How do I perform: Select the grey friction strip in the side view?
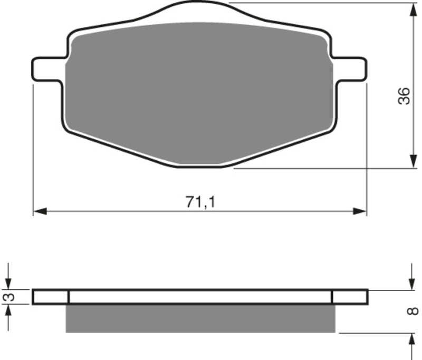click(x=200, y=318)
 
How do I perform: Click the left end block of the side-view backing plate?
click(x=51, y=297)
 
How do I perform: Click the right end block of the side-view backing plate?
click(x=350, y=297)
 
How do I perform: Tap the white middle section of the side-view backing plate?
click(x=200, y=297)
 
